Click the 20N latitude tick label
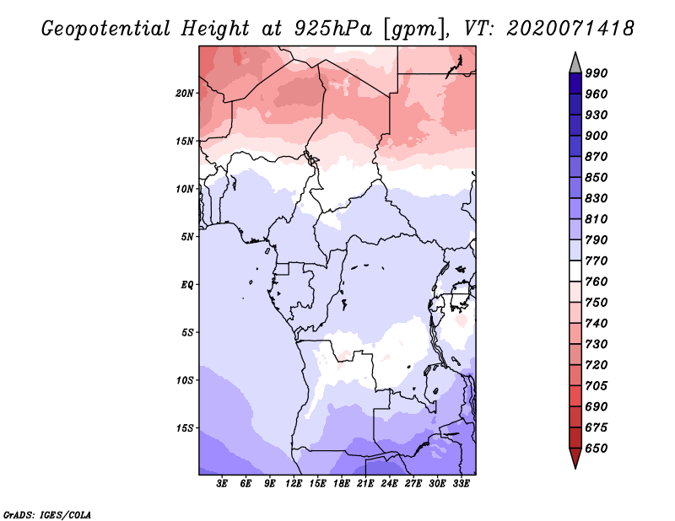point(185,94)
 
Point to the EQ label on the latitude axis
point(186,285)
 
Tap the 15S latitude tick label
point(185,428)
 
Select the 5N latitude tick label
point(187,237)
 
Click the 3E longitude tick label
point(222,484)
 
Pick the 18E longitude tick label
point(341,484)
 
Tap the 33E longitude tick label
point(461,484)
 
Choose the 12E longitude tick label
point(293,484)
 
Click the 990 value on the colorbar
point(597,73)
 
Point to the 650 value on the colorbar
point(597,448)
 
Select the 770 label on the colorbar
point(597,260)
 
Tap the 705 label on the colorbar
point(597,386)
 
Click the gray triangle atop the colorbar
point(575,65)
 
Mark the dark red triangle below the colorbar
point(575,457)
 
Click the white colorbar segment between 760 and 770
point(575,271)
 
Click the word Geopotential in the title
point(106,29)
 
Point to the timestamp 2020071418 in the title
point(570,28)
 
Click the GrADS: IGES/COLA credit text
point(47,515)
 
